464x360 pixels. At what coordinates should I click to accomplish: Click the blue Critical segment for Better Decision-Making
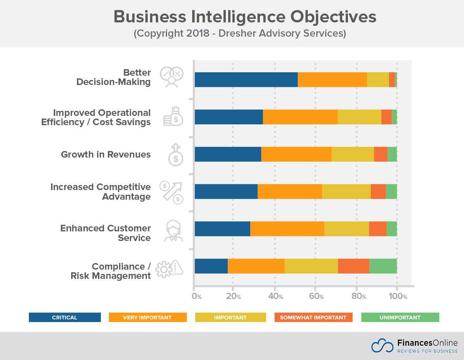pyautogui.click(x=246, y=80)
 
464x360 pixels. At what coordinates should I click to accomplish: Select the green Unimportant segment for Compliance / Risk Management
pyautogui.click(x=383, y=266)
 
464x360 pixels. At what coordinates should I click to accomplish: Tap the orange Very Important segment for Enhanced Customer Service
pyautogui.click(x=287, y=229)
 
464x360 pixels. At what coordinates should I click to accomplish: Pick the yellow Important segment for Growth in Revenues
pyautogui.click(x=353, y=154)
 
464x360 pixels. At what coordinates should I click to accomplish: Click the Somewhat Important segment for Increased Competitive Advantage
pyautogui.click(x=378, y=192)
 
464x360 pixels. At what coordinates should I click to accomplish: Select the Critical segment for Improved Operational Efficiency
pyautogui.click(x=229, y=117)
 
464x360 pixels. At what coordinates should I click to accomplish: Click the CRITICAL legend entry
pyautogui.click(x=65, y=318)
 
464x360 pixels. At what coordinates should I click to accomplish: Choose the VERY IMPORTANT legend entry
pyautogui.click(x=147, y=318)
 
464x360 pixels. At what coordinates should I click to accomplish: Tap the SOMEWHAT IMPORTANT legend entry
pyautogui.click(x=313, y=318)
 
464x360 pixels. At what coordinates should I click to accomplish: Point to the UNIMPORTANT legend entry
pyautogui.click(x=400, y=318)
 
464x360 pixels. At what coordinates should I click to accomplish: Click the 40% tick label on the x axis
pyautogui.click(x=275, y=296)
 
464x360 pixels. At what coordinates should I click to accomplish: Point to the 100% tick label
pyautogui.click(x=398, y=296)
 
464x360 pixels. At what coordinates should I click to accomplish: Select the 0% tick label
pyautogui.click(x=196, y=296)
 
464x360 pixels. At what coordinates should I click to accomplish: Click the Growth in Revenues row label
pyautogui.click(x=106, y=155)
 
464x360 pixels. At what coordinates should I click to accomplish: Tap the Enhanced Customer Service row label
pyautogui.click(x=106, y=233)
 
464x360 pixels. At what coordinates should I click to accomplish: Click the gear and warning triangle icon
pyautogui.click(x=169, y=268)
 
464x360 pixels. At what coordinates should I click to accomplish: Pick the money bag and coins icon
pyautogui.click(x=173, y=117)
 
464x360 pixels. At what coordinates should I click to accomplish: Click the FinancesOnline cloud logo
pyautogui.click(x=382, y=345)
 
